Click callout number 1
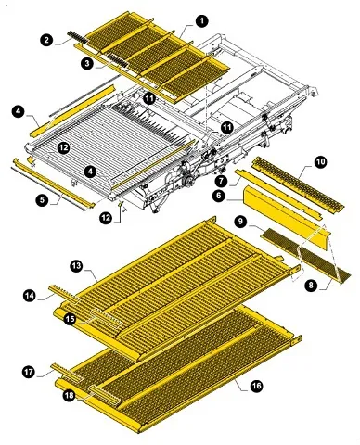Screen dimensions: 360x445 click(202, 21)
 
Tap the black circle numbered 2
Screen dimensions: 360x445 click(46, 40)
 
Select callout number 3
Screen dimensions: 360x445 click(87, 64)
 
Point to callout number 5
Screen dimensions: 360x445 click(42, 200)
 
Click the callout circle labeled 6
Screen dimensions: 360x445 click(219, 196)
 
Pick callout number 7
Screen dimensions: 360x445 click(222, 181)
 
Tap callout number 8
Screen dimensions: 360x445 click(311, 285)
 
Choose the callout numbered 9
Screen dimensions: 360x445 click(240, 222)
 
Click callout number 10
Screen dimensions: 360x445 click(321, 161)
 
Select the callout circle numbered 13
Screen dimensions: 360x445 click(76, 266)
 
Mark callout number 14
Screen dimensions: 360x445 click(30, 296)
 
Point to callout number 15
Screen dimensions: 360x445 click(71, 319)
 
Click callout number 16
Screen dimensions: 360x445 click(256, 386)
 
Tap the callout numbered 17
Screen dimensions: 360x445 click(29, 372)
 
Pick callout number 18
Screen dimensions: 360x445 click(70, 395)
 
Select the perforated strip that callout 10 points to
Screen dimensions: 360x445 click(299, 183)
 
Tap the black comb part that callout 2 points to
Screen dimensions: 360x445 click(78, 36)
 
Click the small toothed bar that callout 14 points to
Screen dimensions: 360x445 click(65, 294)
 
